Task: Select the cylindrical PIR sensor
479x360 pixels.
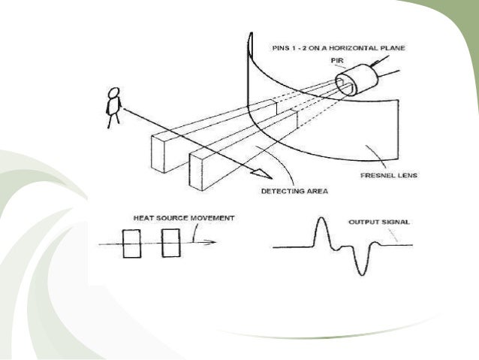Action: pos(356,79)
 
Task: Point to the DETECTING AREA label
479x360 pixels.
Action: pos(293,191)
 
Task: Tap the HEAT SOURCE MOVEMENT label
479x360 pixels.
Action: pos(182,218)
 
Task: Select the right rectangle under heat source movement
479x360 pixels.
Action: pos(170,244)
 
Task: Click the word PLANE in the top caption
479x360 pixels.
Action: pos(393,48)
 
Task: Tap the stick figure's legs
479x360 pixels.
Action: pos(113,120)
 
